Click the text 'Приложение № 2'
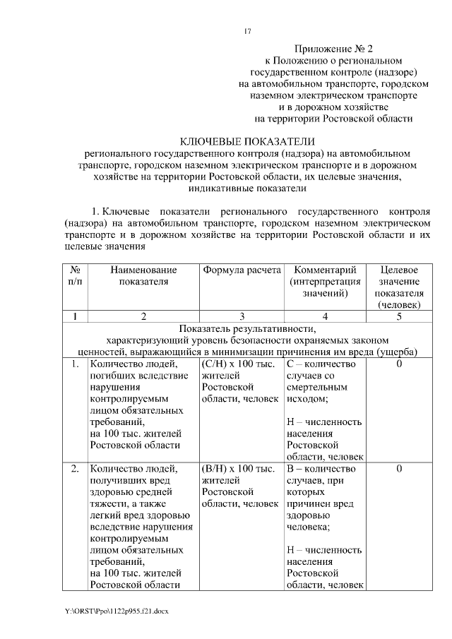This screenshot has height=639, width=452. coord(333,49)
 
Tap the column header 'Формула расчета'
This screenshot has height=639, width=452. coord(241,270)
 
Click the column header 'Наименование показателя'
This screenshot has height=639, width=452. coord(143,275)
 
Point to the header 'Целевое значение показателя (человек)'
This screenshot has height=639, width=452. coord(399,287)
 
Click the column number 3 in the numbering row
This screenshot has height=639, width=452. coord(242,316)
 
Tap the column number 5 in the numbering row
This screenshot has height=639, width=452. coord(399,316)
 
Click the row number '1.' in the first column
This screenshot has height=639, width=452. coord(74,364)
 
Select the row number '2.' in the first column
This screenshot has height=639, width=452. coord(74,469)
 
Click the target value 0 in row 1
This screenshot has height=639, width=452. coord(399,364)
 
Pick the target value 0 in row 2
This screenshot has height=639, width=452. coord(399,469)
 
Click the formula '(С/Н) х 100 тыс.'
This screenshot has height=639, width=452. coord(238,364)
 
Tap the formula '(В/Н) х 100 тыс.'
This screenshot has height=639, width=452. coord(238,469)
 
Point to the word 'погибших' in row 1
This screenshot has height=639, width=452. coord(111,376)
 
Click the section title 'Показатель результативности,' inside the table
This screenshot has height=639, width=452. coord(243,328)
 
